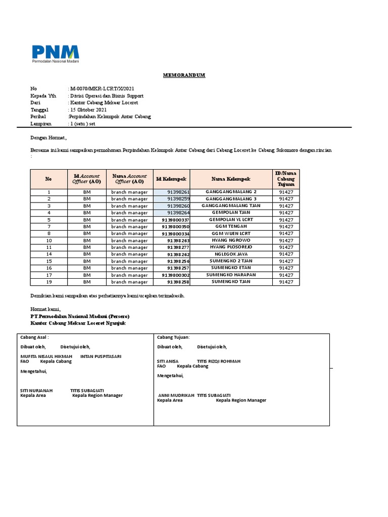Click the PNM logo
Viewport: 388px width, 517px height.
point(56,53)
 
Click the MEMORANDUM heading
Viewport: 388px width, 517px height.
point(184,75)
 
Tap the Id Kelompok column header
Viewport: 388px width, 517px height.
point(171,179)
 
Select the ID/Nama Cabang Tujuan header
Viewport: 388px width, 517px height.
point(285,179)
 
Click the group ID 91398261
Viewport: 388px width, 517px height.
point(178,192)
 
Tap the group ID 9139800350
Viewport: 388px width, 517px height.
point(176,227)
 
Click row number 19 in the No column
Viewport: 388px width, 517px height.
point(49,282)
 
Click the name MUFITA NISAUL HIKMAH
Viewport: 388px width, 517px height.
point(46,356)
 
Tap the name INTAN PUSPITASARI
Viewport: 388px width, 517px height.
point(101,356)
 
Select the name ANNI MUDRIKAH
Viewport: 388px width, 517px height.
point(176,395)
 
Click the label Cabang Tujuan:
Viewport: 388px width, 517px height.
point(173,337)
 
